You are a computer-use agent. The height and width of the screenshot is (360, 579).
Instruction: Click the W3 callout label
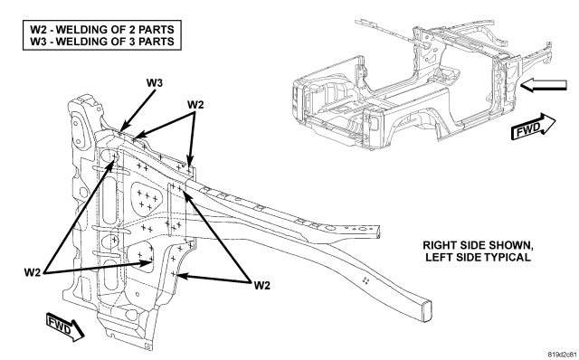click(x=155, y=82)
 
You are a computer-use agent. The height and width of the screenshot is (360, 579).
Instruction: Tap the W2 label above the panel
click(x=195, y=105)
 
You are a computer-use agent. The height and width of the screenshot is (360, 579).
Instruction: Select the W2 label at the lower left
click(x=33, y=272)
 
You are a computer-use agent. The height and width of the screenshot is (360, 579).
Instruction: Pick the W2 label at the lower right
click(x=262, y=285)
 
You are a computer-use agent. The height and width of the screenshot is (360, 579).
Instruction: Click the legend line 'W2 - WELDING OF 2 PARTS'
click(x=102, y=29)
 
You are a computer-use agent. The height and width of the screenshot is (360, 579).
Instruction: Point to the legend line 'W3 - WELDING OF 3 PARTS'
click(x=102, y=41)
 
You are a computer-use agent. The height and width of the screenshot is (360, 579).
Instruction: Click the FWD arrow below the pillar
click(x=66, y=327)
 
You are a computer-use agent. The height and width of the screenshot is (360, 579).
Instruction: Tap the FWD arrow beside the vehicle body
click(x=533, y=127)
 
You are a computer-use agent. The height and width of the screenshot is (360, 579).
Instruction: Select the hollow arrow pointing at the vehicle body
click(x=543, y=85)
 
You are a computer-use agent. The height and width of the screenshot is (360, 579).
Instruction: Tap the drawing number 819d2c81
click(x=563, y=355)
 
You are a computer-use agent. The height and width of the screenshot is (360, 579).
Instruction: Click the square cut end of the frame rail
click(x=426, y=312)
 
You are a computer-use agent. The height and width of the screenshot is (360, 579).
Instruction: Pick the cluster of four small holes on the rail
click(x=365, y=280)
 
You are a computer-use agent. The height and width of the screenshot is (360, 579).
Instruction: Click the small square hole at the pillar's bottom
click(x=147, y=346)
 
